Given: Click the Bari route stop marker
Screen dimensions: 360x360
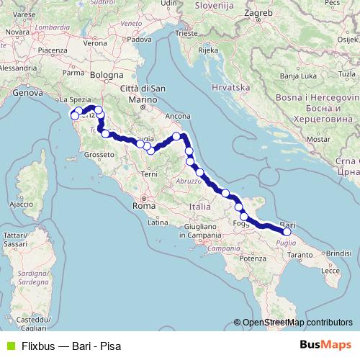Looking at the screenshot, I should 287,232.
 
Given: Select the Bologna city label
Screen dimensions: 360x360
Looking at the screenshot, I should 107,74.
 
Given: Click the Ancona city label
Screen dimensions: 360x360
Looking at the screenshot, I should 177,115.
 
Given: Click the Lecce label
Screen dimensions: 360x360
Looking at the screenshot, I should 330,270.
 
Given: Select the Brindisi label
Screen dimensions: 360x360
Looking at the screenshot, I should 338,253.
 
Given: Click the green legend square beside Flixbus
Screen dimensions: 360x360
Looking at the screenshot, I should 9,345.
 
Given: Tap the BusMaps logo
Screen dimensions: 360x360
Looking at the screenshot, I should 325,345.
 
